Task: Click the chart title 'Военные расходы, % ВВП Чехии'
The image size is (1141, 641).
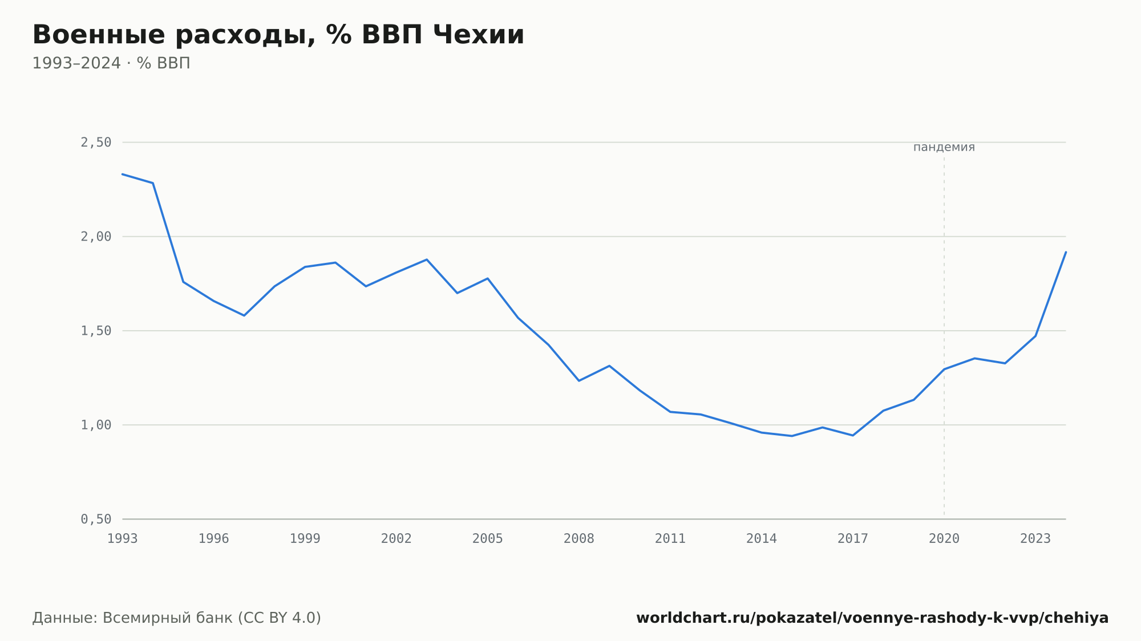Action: tap(278, 35)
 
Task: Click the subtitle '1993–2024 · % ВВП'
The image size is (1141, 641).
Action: tap(111, 63)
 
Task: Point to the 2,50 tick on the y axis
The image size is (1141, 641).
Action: tap(96, 143)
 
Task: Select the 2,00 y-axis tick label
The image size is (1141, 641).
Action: tap(96, 237)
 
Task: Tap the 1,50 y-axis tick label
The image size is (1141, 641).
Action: tap(96, 331)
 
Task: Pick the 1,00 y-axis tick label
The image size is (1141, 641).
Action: tap(96, 425)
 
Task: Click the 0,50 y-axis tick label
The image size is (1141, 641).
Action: tap(96, 519)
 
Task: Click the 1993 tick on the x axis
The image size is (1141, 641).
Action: tap(123, 539)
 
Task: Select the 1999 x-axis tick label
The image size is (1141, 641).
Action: tap(305, 539)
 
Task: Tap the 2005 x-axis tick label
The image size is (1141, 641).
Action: tap(488, 539)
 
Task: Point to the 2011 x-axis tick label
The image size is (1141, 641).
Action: tap(670, 539)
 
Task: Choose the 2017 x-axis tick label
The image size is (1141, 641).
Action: tap(853, 539)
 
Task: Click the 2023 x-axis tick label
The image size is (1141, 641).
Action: tap(1035, 539)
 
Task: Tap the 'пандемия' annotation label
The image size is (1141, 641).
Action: tap(944, 147)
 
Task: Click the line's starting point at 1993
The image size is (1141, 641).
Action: tap(123, 174)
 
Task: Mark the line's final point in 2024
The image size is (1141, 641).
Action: tap(1066, 252)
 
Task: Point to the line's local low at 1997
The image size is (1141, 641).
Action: tap(244, 315)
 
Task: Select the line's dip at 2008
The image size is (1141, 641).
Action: tap(579, 380)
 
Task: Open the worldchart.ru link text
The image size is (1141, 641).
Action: tap(872, 618)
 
